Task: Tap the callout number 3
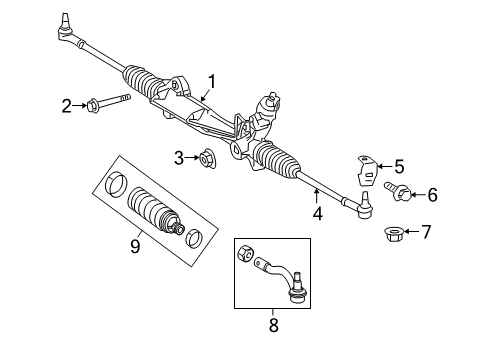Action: tap(178, 157)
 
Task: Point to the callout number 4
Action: tap(317, 212)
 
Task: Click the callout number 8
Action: tap(274, 324)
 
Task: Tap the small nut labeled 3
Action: tap(208, 157)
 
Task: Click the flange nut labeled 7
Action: tap(391, 234)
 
